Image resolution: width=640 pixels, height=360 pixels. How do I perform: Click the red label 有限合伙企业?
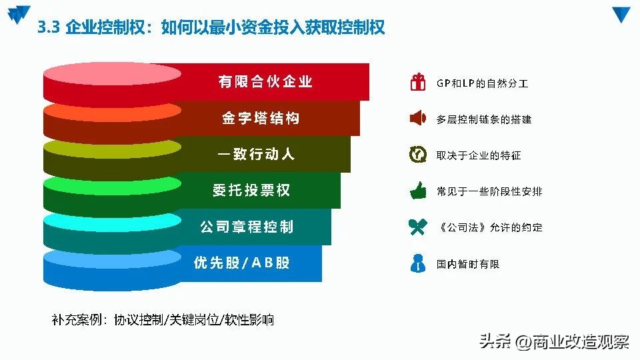(265, 82)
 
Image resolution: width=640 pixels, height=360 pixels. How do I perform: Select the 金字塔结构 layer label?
(261, 119)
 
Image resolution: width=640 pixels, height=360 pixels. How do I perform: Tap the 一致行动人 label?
(256, 155)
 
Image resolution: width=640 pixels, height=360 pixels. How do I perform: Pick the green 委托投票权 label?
(251, 191)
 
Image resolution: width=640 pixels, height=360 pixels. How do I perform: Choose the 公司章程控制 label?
(247, 227)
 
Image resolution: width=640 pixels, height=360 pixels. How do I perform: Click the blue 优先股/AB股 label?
(242, 263)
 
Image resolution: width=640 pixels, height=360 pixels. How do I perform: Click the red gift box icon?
(418, 83)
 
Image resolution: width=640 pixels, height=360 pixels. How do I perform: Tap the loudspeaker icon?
(417, 119)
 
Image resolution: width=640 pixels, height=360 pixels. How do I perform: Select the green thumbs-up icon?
(418, 191)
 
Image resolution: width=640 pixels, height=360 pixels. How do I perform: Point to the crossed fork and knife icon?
(418, 227)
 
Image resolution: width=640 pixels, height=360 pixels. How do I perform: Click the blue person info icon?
(418, 263)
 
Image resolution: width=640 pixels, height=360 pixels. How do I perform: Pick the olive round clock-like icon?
(418, 155)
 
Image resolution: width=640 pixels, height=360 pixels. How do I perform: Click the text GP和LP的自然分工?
(483, 83)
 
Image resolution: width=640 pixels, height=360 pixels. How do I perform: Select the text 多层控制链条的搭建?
(484, 119)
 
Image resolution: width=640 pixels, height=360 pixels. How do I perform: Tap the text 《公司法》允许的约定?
(490, 227)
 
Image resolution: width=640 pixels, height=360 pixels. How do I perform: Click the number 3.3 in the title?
(50, 27)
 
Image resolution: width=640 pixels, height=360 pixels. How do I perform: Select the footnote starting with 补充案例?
(163, 320)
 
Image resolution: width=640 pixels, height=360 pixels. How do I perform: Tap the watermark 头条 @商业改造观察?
(554, 341)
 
